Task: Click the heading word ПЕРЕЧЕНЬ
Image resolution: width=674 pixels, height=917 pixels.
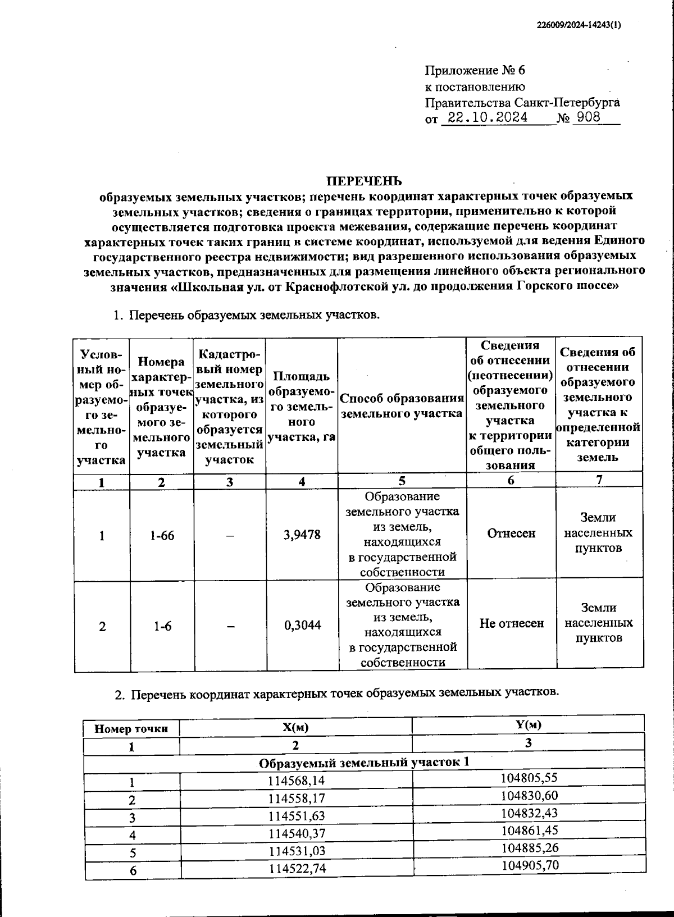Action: pyautogui.click(x=365, y=181)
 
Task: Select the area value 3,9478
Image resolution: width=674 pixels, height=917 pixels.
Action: pyautogui.click(x=302, y=535)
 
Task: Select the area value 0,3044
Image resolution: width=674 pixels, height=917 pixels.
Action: pyautogui.click(x=302, y=625)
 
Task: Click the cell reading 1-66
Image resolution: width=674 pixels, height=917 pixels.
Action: pyautogui.click(x=162, y=536)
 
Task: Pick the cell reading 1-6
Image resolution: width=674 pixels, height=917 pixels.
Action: pyautogui.click(x=162, y=626)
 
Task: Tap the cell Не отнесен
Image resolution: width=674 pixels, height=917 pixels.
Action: pyautogui.click(x=511, y=623)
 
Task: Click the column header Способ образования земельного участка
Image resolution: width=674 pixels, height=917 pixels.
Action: pyautogui.click(x=402, y=406)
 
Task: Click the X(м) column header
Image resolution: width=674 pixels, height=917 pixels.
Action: pyautogui.click(x=295, y=728)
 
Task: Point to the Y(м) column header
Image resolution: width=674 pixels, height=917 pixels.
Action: pyautogui.click(x=528, y=724)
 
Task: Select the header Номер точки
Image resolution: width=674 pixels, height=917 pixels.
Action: pyautogui.click(x=131, y=729)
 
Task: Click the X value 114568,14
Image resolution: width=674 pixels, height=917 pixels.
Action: pyautogui.click(x=297, y=781)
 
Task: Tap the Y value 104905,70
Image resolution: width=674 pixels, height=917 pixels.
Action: pyautogui.click(x=530, y=865)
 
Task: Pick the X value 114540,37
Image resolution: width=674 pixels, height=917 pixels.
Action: pyautogui.click(x=297, y=833)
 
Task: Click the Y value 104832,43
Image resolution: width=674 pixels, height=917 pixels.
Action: pyautogui.click(x=530, y=813)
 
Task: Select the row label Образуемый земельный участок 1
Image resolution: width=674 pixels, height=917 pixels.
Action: pyautogui.click(x=364, y=762)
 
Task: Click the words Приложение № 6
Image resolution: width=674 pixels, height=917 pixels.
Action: pyautogui.click(x=475, y=71)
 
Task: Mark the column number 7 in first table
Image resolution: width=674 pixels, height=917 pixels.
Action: pyautogui.click(x=599, y=480)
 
